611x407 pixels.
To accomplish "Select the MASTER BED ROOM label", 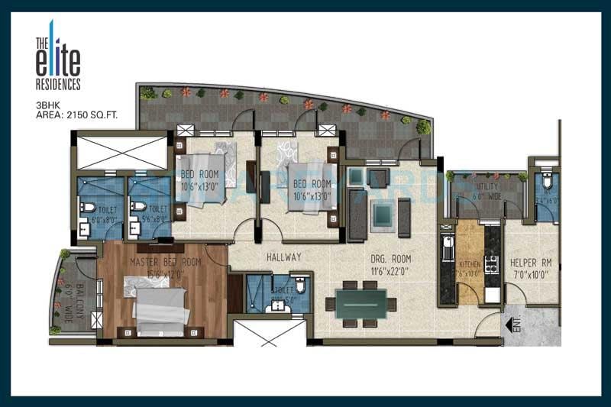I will coord(165,263).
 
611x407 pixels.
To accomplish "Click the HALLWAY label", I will coord(283,257).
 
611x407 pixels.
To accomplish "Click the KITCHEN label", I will coord(470,264).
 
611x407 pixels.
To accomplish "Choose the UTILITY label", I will coord(487,186).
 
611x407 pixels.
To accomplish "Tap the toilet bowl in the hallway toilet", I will coord(301,287).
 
